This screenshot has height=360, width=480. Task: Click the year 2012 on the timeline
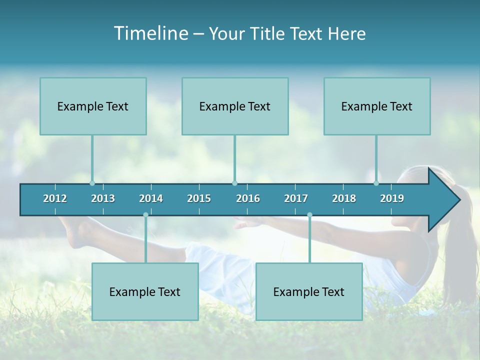click(55, 198)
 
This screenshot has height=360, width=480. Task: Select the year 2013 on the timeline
click(103, 198)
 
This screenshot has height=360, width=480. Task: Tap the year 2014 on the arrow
click(151, 198)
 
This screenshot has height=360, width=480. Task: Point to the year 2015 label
click(199, 198)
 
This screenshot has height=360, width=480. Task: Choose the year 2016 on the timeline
click(248, 198)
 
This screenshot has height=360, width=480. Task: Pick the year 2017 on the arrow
click(296, 198)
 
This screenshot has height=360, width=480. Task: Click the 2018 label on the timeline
click(344, 198)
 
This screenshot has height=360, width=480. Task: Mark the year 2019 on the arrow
click(392, 198)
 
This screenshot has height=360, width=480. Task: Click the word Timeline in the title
click(150, 33)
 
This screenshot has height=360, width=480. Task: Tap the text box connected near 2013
click(93, 106)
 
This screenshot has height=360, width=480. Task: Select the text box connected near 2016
click(235, 106)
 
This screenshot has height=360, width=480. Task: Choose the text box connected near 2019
click(377, 106)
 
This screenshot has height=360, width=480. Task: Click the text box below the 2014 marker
click(145, 291)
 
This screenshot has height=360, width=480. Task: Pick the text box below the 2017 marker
click(309, 291)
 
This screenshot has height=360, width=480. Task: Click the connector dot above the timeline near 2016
click(234, 183)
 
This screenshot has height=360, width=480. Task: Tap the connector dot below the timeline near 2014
click(145, 215)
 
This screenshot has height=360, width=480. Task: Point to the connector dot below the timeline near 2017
click(309, 215)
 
